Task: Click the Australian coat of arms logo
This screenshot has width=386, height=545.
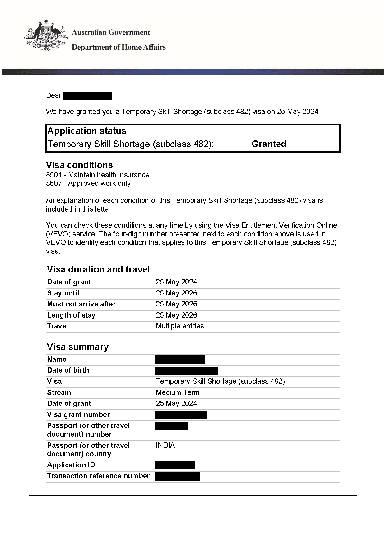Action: tap(46, 35)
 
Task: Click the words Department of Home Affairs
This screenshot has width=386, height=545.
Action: tap(119, 47)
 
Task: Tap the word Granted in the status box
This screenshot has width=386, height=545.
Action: tap(269, 144)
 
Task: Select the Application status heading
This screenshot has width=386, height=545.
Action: tap(87, 131)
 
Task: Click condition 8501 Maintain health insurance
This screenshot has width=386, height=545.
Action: tap(98, 175)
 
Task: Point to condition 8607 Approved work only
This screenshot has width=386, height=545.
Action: tap(88, 183)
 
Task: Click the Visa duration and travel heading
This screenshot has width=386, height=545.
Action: tap(98, 269)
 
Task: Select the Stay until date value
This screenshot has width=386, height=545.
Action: tap(176, 293)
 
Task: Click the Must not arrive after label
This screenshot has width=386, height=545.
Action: tap(81, 304)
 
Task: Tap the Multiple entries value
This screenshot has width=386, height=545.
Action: tap(180, 326)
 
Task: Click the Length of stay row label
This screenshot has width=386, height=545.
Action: tap(71, 315)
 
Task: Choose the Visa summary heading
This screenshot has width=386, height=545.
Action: tap(78, 347)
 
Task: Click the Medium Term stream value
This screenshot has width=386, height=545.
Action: tap(178, 392)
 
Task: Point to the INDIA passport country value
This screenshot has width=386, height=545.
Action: tap(165, 445)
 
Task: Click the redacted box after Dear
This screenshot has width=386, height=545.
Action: tap(87, 96)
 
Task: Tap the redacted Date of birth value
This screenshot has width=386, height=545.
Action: tap(186, 371)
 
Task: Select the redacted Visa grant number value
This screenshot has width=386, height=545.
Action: tap(181, 415)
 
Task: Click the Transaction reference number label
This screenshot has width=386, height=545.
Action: tap(98, 476)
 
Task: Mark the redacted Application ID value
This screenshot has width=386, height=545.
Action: tap(175, 465)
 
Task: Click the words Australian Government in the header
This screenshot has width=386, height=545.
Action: tap(111, 32)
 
